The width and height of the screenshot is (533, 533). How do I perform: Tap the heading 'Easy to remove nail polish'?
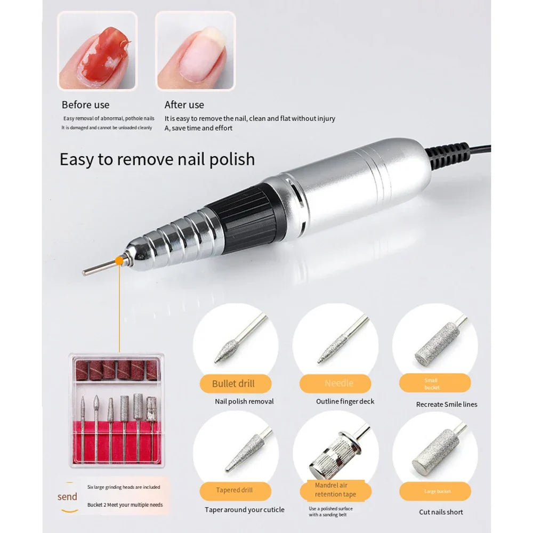157,159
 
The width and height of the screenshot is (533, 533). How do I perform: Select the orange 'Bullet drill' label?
233,384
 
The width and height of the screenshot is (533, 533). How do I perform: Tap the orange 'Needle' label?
339,383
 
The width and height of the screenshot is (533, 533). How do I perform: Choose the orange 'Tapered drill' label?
235,490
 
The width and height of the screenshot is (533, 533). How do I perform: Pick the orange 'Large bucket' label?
438,491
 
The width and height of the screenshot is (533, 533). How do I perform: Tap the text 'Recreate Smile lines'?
447,405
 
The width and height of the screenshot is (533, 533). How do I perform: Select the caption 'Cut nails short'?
441,512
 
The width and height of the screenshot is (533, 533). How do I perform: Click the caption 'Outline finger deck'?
345,401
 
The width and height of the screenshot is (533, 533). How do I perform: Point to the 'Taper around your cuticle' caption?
245,510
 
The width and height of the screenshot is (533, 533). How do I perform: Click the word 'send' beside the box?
68,497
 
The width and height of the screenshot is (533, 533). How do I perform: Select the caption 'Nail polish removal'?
244,401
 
